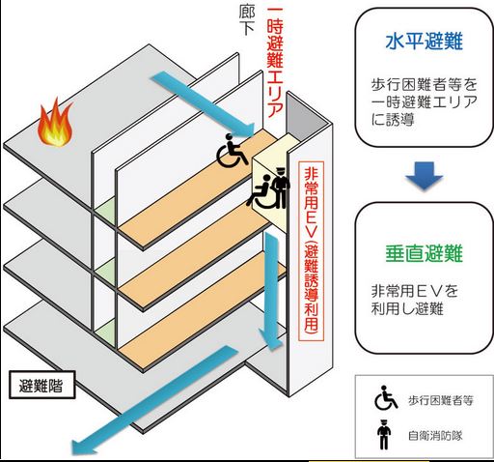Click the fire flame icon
pos(55,123)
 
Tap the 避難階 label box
pos(41,385)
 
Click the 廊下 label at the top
pos(247,20)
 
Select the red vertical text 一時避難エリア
pos(275,62)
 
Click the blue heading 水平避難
pos(424,42)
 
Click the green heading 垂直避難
pos(424,252)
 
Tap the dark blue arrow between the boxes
pos(425,176)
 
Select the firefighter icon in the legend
pos(384,435)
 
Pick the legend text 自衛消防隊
pos(435,436)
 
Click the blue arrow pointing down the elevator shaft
pos(272,291)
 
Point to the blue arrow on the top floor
pos(203,103)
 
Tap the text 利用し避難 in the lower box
pos(407,309)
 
